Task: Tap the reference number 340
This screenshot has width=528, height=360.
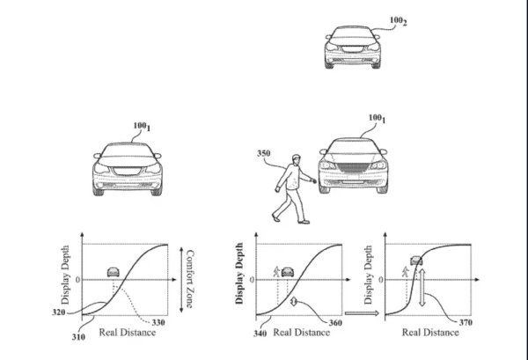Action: pyautogui.click(x=260, y=333)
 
